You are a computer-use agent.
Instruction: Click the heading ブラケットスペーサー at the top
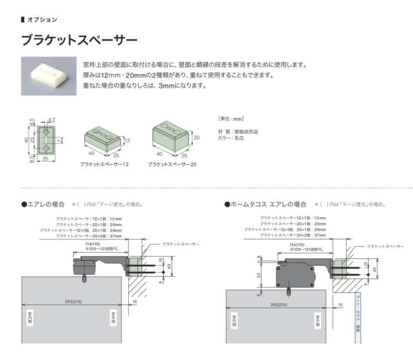[79, 41]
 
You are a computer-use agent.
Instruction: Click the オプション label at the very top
[42, 19]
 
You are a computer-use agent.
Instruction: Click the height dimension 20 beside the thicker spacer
[196, 137]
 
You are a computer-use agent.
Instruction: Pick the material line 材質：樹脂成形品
[238, 132]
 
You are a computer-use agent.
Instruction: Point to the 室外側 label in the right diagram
[318, 320]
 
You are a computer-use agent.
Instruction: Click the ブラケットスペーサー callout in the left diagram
[180, 244]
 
